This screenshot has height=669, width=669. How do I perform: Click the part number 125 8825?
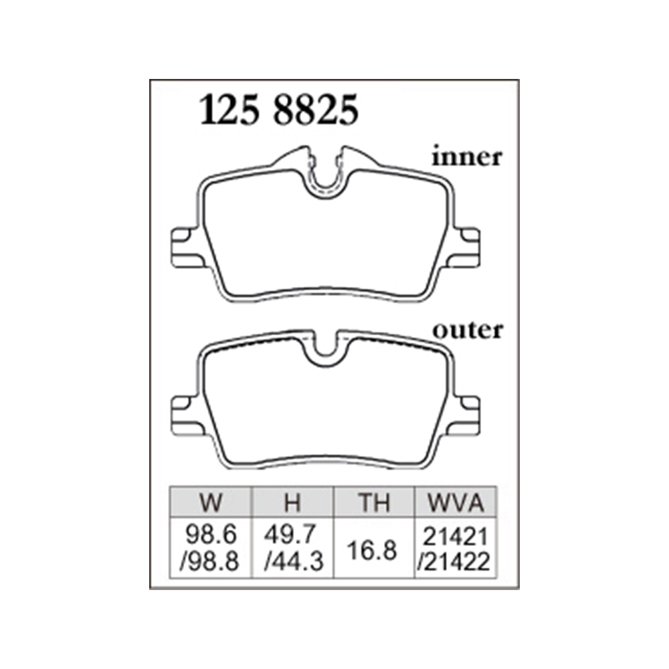[279, 110]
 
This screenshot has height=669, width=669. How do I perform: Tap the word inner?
[467, 157]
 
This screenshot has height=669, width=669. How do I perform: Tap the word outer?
[468, 330]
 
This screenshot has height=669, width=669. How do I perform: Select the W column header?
[211, 502]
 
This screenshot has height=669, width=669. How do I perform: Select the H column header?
[293, 502]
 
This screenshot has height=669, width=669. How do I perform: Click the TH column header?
[374, 502]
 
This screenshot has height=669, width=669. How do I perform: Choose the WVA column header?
[456, 502]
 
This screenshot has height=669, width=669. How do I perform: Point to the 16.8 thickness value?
[372, 550]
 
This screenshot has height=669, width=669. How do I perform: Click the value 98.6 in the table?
[211, 535]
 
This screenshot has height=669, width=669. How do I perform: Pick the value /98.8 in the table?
[209, 563]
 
